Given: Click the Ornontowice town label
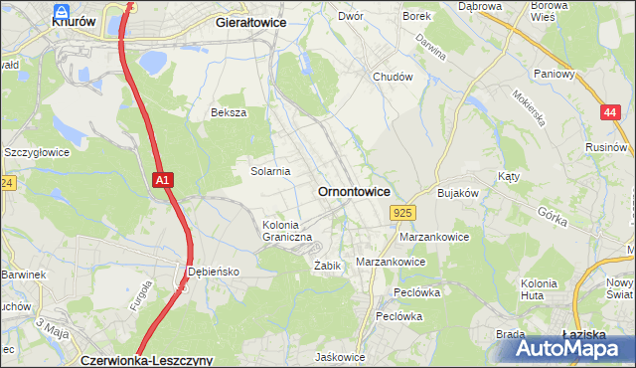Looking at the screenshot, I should [353, 190].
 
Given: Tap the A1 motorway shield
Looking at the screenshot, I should [165, 180].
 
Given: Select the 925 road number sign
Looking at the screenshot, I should [402, 213].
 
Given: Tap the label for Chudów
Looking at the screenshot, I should [392, 77].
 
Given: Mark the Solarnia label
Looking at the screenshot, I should [269, 171].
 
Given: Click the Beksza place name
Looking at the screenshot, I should [228, 112].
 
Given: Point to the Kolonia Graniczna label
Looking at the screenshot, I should [287, 231].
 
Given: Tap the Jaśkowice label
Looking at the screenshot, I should [340, 357].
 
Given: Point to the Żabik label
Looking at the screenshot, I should [328, 266].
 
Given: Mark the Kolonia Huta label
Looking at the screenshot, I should [538, 289].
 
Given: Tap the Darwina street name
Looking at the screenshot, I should [430, 46].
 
